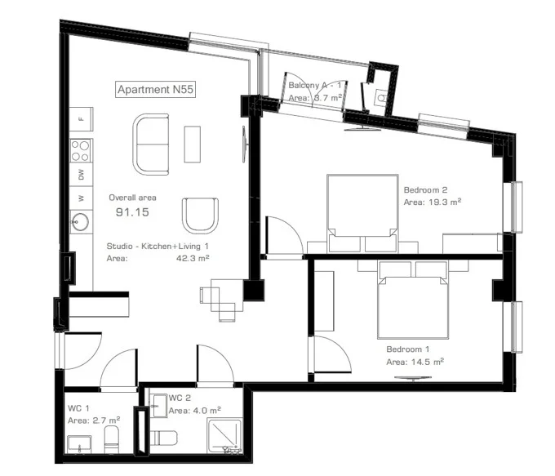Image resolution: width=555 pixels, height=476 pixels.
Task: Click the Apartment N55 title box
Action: (x=156, y=89)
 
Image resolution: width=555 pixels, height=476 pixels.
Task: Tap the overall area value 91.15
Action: (x=133, y=212)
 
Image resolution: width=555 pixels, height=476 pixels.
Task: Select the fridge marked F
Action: (x=82, y=119)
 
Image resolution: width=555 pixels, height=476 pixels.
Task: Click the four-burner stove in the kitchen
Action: (x=81, y=150)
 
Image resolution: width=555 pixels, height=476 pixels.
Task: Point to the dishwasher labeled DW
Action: (x=82, y=174)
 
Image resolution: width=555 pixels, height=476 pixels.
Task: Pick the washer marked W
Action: (x=82, y=198)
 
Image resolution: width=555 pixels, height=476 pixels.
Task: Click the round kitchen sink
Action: (x=81, y=222)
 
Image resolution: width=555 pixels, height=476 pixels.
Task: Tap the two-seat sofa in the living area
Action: (x=151, y=145)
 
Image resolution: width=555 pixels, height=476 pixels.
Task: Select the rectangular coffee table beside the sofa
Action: (x=192, y=145)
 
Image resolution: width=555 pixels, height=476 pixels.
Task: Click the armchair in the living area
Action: (x=200, y=216)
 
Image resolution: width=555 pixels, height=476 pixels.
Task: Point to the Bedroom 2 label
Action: (x=425, y=190)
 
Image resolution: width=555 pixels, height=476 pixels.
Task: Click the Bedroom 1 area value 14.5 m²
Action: (x=428, y=362)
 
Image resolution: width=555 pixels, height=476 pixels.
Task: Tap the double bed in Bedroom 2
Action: (x=363, y=213)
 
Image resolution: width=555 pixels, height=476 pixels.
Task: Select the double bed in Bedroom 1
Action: (x=413, y=300)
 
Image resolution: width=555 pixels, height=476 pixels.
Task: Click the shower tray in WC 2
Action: (x=224, y=436)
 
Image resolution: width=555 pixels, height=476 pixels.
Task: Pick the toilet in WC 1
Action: (x=112, y=439)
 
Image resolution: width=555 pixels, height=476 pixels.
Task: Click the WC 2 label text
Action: (x=180, y=398)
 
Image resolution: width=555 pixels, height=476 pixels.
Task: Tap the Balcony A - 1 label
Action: (x=315, y=85)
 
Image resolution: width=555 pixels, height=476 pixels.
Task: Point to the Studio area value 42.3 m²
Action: (x=193, y=258)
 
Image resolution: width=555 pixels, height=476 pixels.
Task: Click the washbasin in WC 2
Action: (x=158, y=406)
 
